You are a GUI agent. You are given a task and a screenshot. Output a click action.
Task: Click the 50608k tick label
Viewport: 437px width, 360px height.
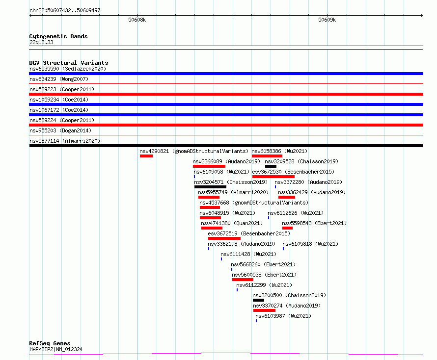[x=137, y=20]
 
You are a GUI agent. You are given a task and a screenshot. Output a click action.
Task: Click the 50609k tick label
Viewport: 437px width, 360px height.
[x=327, y=20]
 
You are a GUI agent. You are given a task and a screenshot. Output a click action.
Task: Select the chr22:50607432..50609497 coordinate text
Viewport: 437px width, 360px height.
[x=65, y=10]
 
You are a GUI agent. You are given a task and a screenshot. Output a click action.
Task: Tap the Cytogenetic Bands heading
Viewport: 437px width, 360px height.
[x=58, y=36]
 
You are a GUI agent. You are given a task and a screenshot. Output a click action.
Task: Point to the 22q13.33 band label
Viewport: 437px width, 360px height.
[x=41, y=42]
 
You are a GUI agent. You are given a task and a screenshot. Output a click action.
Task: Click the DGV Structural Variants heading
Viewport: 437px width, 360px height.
[x=69, y=63]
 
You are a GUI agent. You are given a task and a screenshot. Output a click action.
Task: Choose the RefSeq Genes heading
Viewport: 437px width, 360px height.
[x=50, y=343]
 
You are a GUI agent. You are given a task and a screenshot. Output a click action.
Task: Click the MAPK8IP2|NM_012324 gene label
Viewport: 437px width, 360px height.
[x=56, y=349]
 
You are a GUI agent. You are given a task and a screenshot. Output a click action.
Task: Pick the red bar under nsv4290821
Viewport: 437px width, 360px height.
[x=146, y=156]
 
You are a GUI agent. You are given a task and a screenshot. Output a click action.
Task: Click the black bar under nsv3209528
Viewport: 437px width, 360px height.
[x=271, y=166]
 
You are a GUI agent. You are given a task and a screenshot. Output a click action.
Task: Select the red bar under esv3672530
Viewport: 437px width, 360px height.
[x=273, y=177]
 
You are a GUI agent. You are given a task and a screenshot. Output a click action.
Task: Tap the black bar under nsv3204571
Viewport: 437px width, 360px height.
[x=211, y=187]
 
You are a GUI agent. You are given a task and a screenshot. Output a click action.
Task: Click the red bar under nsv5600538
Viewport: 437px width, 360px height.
[x=243, y=280]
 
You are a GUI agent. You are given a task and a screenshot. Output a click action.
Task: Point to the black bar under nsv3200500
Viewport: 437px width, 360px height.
[x=258, y=300]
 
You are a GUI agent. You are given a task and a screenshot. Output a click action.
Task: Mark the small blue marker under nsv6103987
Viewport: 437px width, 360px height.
[x=256, y=321]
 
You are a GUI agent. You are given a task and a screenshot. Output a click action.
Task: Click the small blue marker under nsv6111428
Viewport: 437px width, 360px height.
[x=221, y=259]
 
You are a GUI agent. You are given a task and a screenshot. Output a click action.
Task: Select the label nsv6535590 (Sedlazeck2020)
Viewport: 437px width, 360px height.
[x=68, y=69]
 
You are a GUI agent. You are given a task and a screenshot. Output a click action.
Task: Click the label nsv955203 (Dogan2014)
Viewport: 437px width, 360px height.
[x=60, y=130]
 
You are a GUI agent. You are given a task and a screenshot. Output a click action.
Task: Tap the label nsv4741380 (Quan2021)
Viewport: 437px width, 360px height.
[x=232, y=223]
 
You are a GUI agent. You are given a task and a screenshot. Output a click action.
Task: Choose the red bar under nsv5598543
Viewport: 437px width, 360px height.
[x=287, y=228]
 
